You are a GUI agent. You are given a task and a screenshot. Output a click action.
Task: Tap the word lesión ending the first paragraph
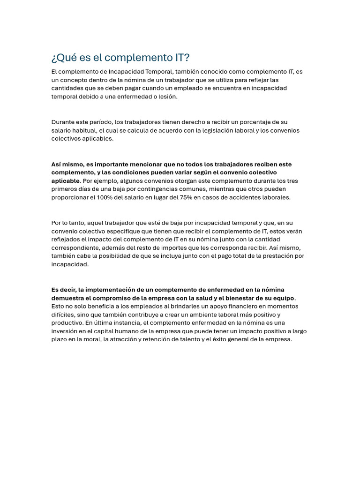click(167, 97)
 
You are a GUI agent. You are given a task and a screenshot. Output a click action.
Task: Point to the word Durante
click(63, 122)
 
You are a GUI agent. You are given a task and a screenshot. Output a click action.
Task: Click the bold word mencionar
click(150, 165)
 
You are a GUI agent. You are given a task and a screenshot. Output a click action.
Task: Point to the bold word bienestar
click(245, 298)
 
